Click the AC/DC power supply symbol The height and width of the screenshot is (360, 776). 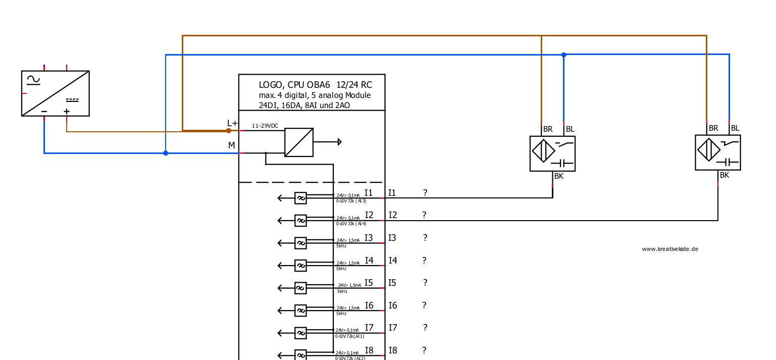click(56, 93)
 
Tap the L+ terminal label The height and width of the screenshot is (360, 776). click(232, 123)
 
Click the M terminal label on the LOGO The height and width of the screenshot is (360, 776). click(232, 145)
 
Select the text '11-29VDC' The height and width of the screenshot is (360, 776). click(265, 125)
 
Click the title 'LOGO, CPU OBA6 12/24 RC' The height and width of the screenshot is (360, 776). click(315, 85)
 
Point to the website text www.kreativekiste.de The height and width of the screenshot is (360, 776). click(670, 249)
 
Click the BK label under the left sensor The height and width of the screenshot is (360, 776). click(559, 176)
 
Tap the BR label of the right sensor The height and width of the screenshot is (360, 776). click(713, 128)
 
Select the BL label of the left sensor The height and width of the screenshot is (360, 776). click(570, 129)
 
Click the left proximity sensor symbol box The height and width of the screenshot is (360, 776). click(552, 153)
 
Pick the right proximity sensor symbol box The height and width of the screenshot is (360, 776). click(717, 152)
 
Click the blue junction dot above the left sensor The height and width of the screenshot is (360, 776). click(564, 55)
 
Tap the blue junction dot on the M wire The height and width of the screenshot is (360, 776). click(166, 152)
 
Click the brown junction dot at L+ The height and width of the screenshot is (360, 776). click(229, 130)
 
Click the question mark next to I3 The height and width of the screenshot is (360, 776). click(425, 237)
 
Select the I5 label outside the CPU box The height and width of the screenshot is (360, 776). click(392, 283)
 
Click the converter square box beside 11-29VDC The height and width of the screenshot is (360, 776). click(299, 142)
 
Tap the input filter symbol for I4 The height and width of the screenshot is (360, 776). click(300, 265)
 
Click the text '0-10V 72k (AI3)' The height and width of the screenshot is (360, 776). click(351, 201)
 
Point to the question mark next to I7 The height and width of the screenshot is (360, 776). click(425, 327)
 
